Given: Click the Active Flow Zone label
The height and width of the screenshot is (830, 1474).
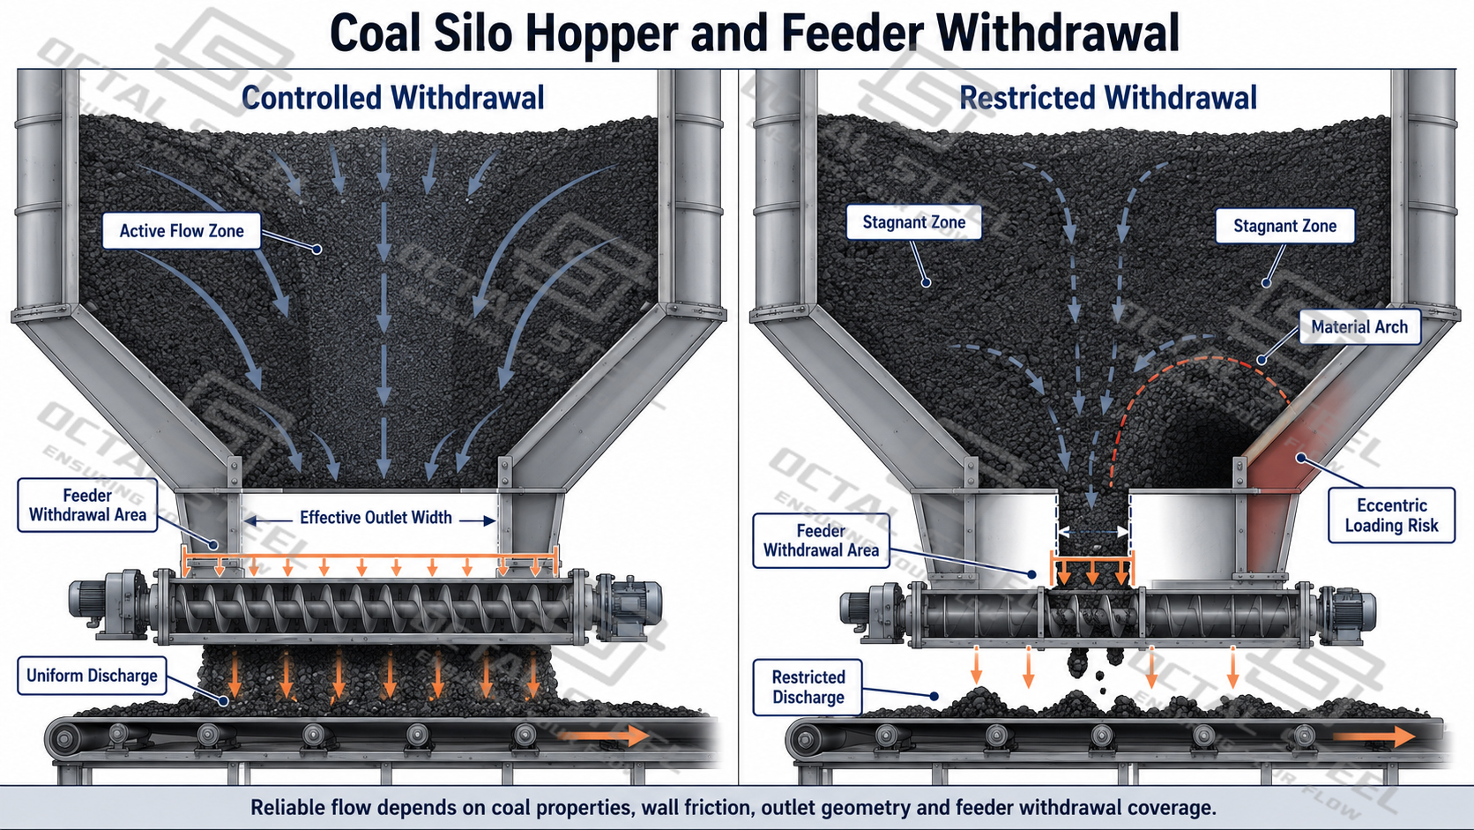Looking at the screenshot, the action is [x=182, y=230].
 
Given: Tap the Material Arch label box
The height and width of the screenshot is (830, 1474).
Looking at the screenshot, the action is [x=1359, y=327].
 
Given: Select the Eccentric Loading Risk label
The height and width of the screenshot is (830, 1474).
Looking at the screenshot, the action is [x=1391, y=515].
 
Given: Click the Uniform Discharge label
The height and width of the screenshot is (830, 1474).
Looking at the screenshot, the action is [x=92, y=676].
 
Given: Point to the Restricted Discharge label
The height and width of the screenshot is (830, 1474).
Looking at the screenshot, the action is [x=808, y=687].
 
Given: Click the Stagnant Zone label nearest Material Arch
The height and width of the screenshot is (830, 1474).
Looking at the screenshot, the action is [x=1284, y=227].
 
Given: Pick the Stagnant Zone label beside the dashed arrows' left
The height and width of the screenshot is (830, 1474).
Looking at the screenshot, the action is [x=914, y=222].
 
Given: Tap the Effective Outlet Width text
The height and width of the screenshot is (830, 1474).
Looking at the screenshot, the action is [x=376, y=518].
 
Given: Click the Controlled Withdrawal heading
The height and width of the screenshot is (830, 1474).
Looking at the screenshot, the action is [x=393, y=98].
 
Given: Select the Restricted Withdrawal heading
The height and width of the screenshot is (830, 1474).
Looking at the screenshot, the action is [x=1108, y=98].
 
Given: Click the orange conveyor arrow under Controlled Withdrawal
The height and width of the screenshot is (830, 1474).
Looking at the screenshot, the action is [x=604, y=736].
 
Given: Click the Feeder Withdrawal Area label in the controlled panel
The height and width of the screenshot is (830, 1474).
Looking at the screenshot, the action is [x=87, y=505].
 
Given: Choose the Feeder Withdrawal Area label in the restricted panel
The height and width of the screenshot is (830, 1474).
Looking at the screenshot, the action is [x=821, y=541].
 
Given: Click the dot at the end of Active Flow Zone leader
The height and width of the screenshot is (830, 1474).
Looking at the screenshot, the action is [x=316, y=250].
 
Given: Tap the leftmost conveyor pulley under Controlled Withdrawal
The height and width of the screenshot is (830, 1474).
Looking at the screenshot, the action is [x=65, y=738].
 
